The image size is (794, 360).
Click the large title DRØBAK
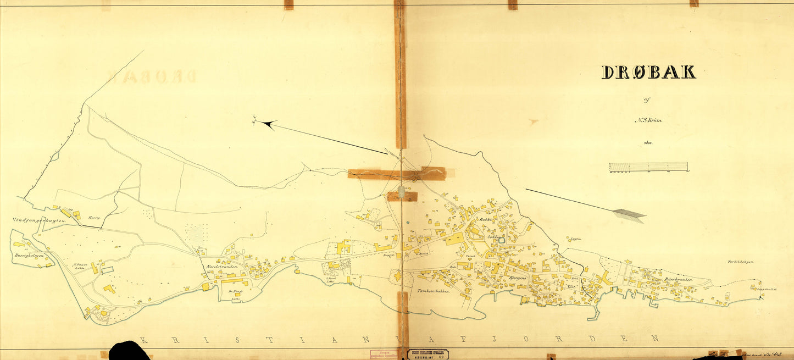pyautogui.click(x=648, y=72)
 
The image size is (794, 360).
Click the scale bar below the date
pyautogui.click(x=648, y=167)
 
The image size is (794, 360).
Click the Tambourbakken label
pyautogui.click(x=434, y=291)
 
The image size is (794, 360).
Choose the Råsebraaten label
pyautogui.click(x=678, y=280)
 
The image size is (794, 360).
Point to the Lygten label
pyautogui.click(x=576, y=239)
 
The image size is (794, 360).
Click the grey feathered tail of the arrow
pyautogui.click(x=629, y=214)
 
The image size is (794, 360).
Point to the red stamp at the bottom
pyautogui.click(x=386, y=355)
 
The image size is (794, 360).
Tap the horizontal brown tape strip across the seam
pyautogui.click(x=396, y=174)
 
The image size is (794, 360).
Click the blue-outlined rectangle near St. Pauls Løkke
pyautogui.click(x=107, y=270)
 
